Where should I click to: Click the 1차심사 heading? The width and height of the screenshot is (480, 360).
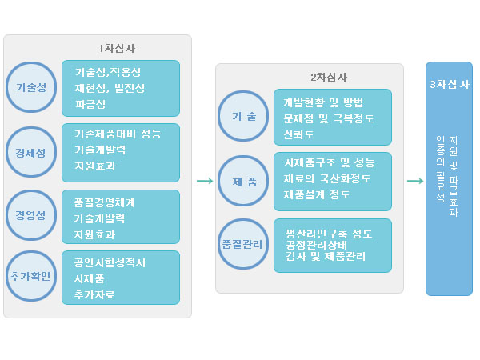117,48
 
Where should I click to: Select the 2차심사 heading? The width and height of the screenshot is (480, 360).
329,77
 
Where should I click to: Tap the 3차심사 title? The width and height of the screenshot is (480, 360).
450,84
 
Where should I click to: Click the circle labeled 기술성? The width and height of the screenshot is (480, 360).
31,87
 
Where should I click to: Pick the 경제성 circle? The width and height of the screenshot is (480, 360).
31,152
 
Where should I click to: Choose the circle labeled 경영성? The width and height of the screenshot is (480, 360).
31,215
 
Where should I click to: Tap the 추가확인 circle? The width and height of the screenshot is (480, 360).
31,276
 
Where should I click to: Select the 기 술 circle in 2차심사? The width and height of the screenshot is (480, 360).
243,116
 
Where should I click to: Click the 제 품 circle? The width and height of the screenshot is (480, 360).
243,181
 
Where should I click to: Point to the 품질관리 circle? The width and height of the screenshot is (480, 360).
243,244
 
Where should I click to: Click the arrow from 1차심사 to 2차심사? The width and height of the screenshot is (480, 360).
205,181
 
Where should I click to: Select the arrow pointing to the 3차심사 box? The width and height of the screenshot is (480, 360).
415,181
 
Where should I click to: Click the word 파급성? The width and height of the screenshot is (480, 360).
90,104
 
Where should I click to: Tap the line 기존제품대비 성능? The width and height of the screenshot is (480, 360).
118,134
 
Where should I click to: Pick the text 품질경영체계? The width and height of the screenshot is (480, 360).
104,202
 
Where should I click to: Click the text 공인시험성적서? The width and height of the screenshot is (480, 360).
110,262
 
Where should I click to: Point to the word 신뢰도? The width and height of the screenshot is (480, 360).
298,134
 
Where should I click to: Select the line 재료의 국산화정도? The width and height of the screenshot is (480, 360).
327,178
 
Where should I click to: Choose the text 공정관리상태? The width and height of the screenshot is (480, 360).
317,245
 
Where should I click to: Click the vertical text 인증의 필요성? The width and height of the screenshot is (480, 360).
440,170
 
